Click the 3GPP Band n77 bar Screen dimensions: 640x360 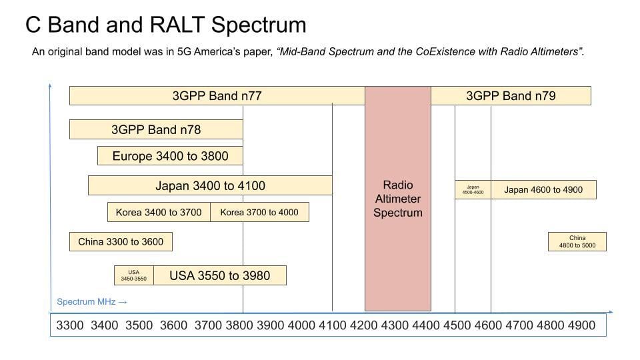click(x=217, y=96)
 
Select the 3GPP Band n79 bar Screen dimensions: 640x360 click(x=511, y=96)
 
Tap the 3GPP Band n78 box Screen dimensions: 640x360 click(x=156, y=129)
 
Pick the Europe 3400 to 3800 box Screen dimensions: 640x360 click(x=170, y=156)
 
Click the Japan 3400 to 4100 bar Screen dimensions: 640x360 click(x=210, y=185)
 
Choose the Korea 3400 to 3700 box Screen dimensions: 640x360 click(x=159, y=212)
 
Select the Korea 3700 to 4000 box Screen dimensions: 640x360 click(x=259, y=212)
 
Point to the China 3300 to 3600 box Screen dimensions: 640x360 click(x=121, y=241)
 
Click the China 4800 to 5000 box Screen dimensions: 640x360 click(x=577, y=241)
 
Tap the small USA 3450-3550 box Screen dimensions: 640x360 click(x=134, y=275)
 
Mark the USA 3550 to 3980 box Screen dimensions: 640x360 click(x=220, y=275)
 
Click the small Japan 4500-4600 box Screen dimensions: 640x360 click(x=473, y=190)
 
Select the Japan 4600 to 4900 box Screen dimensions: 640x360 click(x=543, y=190)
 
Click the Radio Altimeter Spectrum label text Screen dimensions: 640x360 click(x=398, y=199)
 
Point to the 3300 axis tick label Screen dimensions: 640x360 click(x=70, y=325)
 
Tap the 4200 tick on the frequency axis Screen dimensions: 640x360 click(x=364, y=325)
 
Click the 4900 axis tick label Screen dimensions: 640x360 click(x=581, y=325)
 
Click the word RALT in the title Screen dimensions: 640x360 click(x=177, y=25)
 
